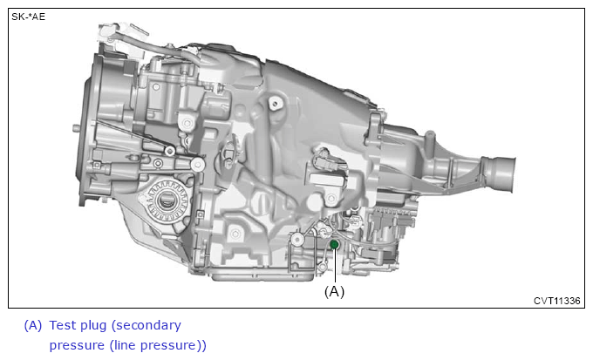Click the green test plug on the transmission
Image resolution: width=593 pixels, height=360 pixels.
tap(334, 245)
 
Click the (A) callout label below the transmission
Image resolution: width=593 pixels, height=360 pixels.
tap(334, 291)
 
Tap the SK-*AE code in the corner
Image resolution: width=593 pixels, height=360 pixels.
tap(29, 17)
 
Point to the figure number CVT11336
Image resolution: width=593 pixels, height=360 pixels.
tap(556, 301)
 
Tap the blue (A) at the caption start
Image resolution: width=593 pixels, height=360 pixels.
tap(33, 326)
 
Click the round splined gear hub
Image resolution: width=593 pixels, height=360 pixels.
tap(167, 201)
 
